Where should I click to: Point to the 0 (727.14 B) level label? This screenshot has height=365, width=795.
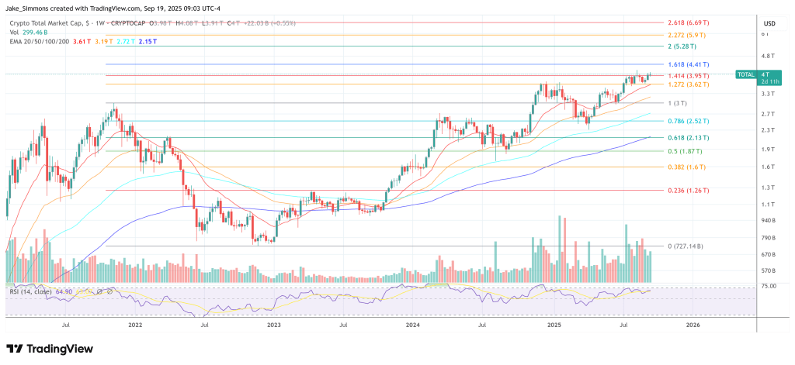[682, 246]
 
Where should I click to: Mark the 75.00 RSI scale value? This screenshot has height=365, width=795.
[769, 287]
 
